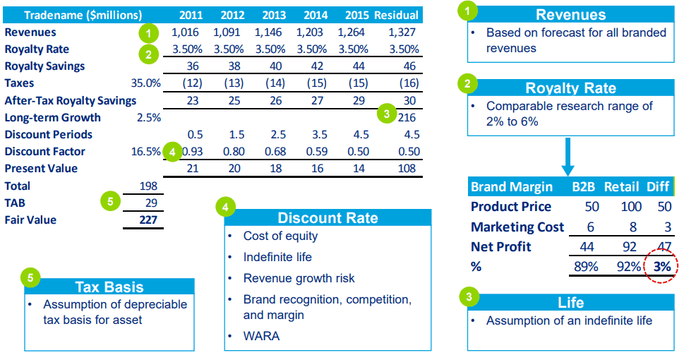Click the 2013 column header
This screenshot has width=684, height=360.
tap(273, 15)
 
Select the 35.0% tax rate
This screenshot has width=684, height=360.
tap(146, 83)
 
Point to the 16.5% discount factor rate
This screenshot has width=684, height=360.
tap(146, 152)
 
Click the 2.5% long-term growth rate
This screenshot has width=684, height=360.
tap(148, 118)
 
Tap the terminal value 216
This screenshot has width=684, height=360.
tap(407, 118)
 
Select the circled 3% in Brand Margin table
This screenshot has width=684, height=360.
tap(661, 267)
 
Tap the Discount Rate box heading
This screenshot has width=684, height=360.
tap(328, 217)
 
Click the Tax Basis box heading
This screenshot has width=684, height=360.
tap(109, 287)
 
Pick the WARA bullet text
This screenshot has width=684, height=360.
tap(261, 336)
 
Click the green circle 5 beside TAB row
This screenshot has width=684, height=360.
tap(109, 201)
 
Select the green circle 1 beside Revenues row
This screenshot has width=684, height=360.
tap(146, 33)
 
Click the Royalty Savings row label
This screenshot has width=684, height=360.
tap(44, 66)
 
